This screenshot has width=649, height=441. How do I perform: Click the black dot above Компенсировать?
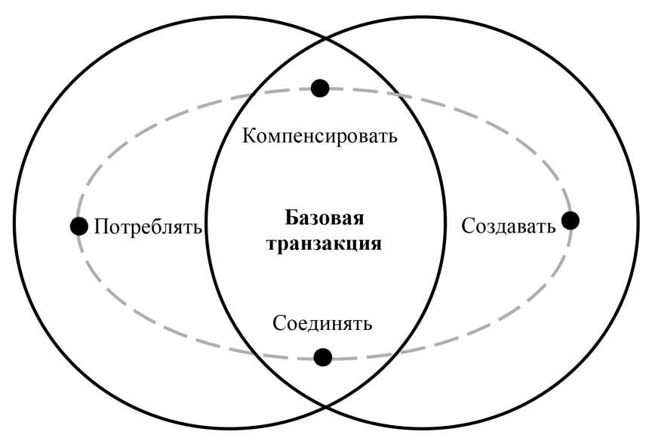pyautogui.click(x=320, y=88)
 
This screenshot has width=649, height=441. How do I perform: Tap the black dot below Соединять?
pyautogui.click(x=322, y=356)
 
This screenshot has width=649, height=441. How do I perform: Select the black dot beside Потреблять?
pyautogui.click(x=78, y=226)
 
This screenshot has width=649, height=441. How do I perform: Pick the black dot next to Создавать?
pyautogui.click(x=571, y=220)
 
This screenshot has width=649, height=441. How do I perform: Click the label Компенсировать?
pyautogui.click(x=320, y=137)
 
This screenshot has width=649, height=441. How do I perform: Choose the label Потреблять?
pyautogui.click(x=147, y=227)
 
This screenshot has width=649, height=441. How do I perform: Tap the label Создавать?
pyautogui.click(x=509, y=225)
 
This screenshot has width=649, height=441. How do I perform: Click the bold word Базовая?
pyautogui.click(x=324, y=219)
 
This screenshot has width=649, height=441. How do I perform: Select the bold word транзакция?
pyautogui.click(x=324, y=245)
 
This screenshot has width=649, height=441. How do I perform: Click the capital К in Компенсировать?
pyautogui.click(x=248, y=137)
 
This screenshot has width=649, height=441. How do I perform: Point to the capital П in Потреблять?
pyautogui.click(x=100, y=227)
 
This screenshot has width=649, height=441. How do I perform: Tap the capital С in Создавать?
pyautogui.click(x=467, y=225)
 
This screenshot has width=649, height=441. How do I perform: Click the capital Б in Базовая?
pyautogui.click(x=291, y=219)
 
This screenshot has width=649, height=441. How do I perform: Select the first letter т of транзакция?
pyautogui.click(x=271, y=245)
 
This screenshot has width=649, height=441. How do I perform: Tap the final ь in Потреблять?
pyautogui.click(x=198, y=227)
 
